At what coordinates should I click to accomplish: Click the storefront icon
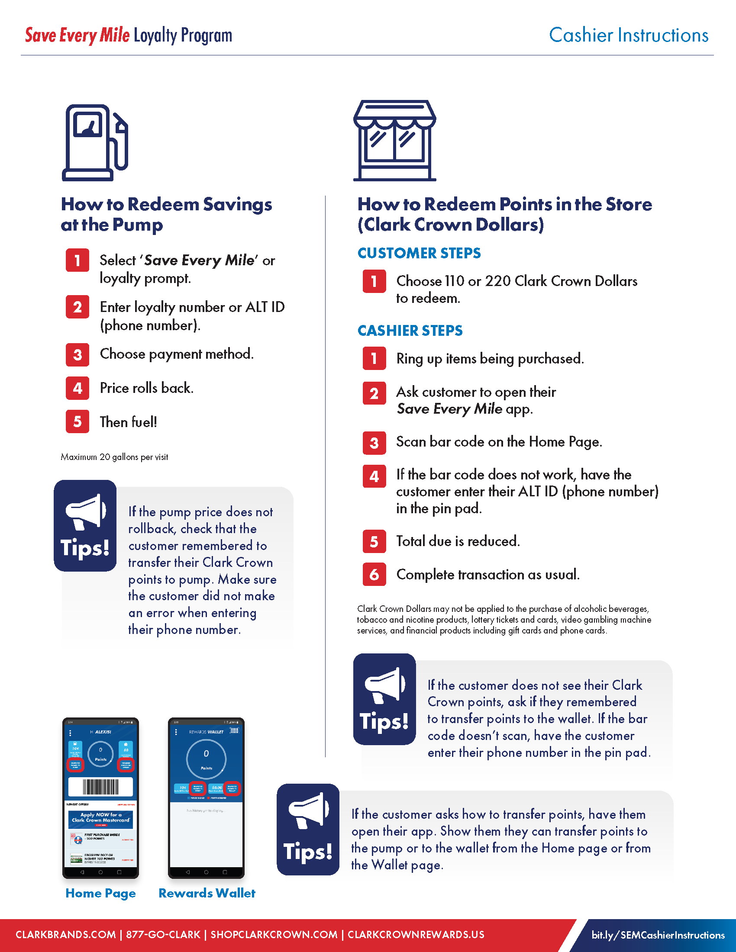click(x=394, y=140)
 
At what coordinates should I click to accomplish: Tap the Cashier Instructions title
click(x=628, y=35)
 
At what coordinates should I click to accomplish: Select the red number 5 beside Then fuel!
click(x=77, y=421)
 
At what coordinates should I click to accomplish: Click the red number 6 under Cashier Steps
click(x=374, y=575)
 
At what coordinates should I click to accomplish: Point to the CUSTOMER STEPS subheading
click(x=419, y=253)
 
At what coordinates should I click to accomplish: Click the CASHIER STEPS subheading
click(x=410, y=331)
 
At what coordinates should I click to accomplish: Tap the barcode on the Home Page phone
click(x=101, y=787)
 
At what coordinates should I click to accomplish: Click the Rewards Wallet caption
click(x=207, y=893)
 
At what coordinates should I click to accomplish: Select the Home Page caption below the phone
click(x=101, y=893)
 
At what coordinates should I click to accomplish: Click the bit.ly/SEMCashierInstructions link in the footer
click(x=658, y=935)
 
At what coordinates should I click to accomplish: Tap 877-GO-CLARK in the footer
click(x=163, y=935)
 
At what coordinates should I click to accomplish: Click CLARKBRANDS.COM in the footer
click(x=66, y=935)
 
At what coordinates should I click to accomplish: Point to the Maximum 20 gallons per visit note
click(x=114, y=457)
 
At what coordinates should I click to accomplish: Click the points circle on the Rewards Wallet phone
click(x=206, y=759)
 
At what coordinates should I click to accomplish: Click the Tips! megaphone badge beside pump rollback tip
click(x=85, y=526)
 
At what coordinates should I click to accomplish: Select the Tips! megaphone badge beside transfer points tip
click(x=308, y=830)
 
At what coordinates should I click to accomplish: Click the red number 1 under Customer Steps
click(x=374, y=281)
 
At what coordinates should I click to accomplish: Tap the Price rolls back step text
click(x=146, y=388)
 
